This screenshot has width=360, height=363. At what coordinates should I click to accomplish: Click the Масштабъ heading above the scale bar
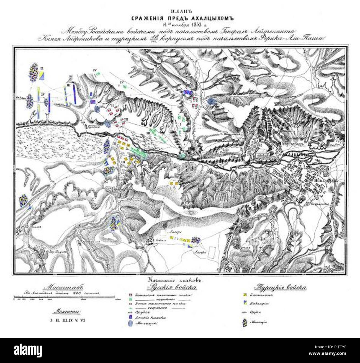63,287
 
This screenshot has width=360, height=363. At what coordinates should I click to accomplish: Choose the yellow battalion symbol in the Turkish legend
245,295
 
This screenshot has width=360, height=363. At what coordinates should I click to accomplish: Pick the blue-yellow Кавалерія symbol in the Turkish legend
245,303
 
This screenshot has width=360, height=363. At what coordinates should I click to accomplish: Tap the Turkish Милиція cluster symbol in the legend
245,322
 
